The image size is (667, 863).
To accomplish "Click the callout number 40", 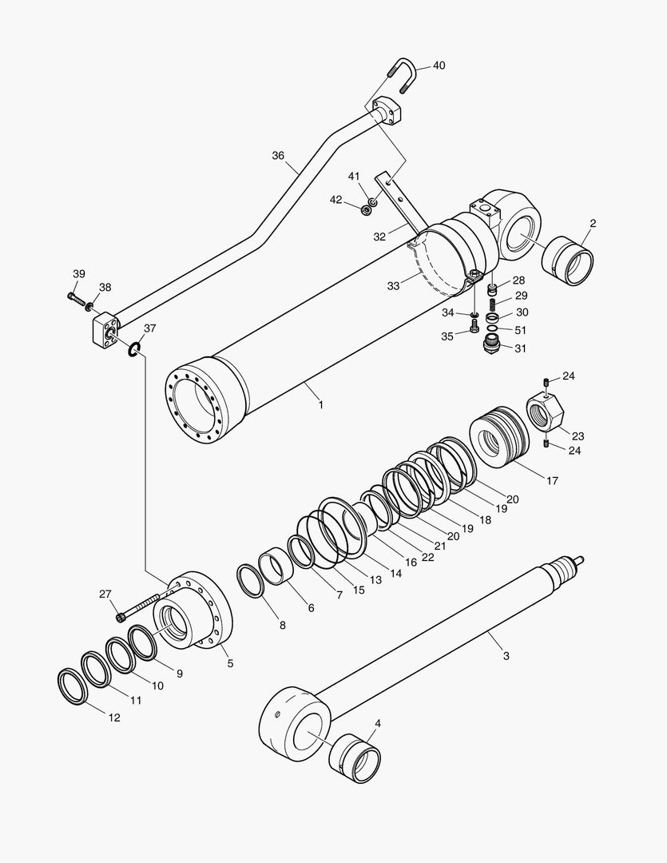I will click(439, 66).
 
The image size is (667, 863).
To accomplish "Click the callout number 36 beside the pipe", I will click(278, 156).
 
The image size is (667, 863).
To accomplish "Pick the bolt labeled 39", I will click(76, 298).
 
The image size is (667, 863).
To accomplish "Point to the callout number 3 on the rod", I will click(506, 656).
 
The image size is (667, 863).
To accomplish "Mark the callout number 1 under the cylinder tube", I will click(320, 405).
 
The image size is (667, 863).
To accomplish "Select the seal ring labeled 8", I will click(252, 580).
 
